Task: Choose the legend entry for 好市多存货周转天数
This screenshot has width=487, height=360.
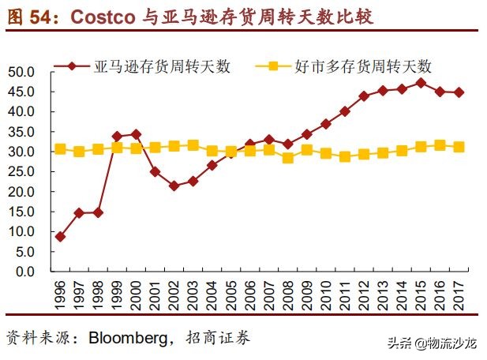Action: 372,66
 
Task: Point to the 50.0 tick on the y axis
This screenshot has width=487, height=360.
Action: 34,72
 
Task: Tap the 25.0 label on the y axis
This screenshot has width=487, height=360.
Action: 34,172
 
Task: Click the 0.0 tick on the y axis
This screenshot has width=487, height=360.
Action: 37,272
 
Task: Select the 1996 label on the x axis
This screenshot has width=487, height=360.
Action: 61,293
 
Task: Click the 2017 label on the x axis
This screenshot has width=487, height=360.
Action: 459,293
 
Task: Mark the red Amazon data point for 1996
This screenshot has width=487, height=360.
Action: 61,237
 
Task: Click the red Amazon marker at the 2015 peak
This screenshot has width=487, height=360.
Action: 421,83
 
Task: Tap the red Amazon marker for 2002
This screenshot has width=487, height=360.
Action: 174,186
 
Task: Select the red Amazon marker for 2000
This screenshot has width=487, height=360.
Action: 137,134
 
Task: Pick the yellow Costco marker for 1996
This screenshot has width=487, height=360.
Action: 61,149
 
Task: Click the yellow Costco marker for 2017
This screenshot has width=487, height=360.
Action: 459,147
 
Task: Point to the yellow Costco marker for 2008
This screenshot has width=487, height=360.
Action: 288,158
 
